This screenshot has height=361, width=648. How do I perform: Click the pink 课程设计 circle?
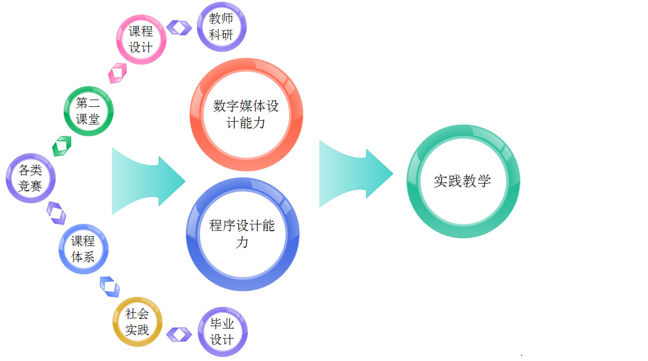point(141,40)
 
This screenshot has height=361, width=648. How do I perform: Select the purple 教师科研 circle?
point(222,27)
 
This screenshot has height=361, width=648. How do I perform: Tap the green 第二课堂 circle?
point(88,111)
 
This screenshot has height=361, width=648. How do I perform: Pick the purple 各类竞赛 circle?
point(31,178)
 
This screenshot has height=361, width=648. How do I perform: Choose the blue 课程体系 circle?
point(83,249)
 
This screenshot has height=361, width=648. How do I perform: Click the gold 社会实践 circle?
point(137,322)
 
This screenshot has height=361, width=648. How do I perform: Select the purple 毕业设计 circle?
point(222,332)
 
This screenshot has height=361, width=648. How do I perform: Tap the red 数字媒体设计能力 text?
point(246,114)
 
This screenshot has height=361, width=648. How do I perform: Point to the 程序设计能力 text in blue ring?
point(242,234)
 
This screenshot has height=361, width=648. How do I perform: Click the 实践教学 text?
point(462,181)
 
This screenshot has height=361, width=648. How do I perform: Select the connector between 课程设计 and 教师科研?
point(179,28)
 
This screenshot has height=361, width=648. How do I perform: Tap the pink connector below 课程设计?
point(117,73)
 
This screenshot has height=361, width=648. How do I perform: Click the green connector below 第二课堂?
point(62,146)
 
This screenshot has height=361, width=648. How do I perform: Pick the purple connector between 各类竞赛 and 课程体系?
point(56,213)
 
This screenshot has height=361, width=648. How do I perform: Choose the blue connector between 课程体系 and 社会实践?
point(109,287)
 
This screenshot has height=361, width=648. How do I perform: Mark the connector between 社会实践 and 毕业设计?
point(179,334)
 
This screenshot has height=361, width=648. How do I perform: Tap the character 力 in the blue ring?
point(242,242)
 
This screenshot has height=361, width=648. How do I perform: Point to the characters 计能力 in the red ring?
point(246,123)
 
